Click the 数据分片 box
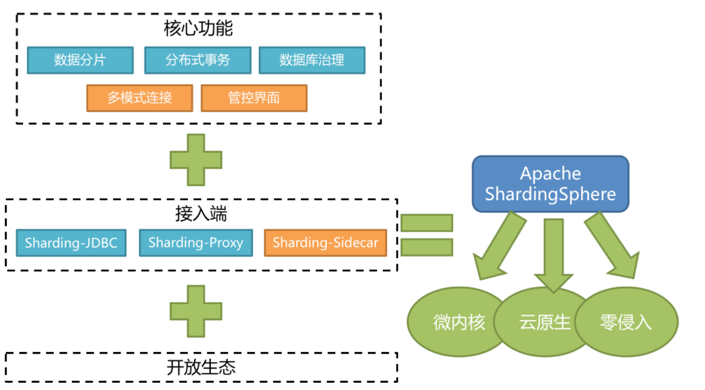(x=80, y=60)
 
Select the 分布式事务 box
(x=198, y=60)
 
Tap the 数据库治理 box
(x=312, y=60)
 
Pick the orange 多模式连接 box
(x=140, y=98)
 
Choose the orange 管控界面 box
(x=254, y=98)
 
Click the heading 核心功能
(x=198, y=28)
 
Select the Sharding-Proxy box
(x=196, y=243)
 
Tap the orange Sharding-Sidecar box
(x=325, y=243)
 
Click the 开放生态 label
(x=201, y=368)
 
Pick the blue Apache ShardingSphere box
(x=550, y=184)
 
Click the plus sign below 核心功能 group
(x=196, y=160)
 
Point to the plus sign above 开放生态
(x=196, y=311)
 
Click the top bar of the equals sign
(x=427, y=223)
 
